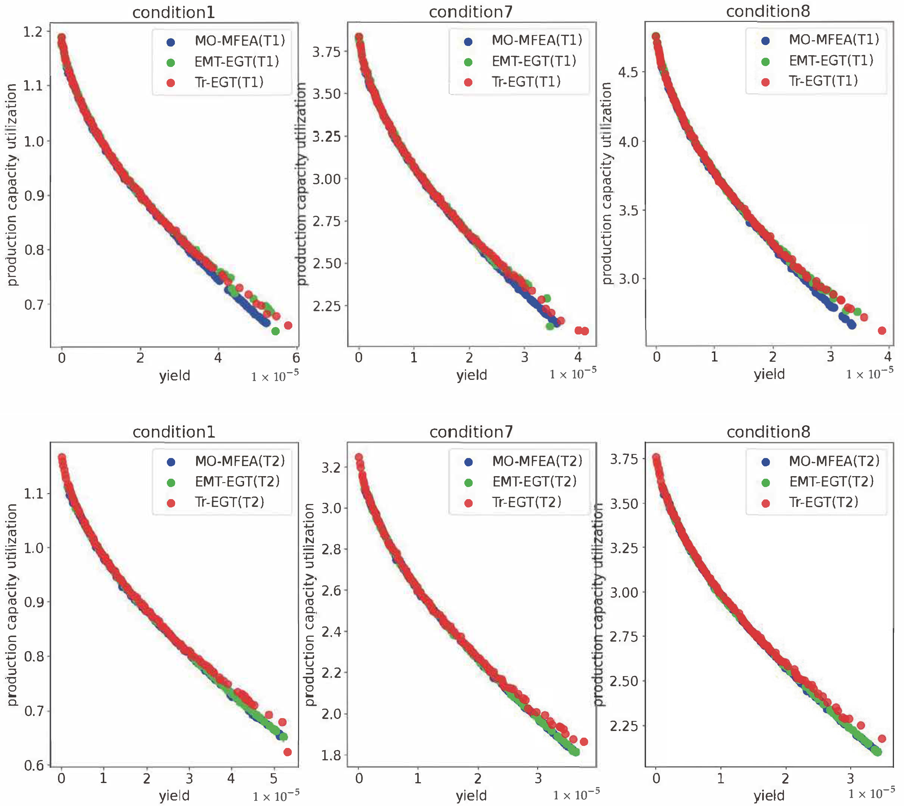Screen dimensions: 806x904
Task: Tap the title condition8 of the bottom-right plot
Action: tap(768, 432)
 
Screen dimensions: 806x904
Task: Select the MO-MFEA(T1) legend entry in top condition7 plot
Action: tap(536, 41)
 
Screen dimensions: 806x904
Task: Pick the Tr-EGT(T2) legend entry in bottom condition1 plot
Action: tap(229, 502)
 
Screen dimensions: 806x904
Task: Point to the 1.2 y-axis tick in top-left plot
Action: tap(33, 32)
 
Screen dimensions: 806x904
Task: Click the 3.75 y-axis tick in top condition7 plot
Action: tap(327, 52)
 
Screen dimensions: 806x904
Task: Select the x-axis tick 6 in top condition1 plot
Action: tap(296, 358)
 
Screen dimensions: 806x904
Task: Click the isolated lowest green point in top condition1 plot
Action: tap(275, 331)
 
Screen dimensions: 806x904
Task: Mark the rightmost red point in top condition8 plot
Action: tap(882, 330)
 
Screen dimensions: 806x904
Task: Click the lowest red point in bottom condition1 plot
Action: tap(287, 752)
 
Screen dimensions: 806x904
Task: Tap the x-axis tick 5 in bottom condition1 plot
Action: tap(273, 778)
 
